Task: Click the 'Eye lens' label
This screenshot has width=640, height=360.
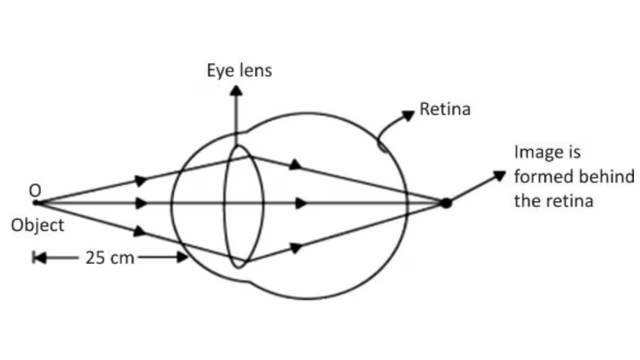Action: pyautogui.click(x=239, y=70)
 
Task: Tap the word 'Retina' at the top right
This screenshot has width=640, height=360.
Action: pyautogui.click(x=445, y=109)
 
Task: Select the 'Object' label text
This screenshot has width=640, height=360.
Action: pyautogui.click(x=37, y=225)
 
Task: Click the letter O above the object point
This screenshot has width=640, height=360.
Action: pyautogui.click(x=35, y=190)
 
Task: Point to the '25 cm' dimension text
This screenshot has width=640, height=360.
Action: pyautogui.click(x=110, y=258)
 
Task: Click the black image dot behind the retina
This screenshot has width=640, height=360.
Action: pyautogui.click(x=446, y=203)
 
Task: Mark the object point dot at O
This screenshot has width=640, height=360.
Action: pyautogui.click(x=35, y=203)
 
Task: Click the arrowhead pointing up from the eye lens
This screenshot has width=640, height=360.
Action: pyautogui.click(x=237, y=90)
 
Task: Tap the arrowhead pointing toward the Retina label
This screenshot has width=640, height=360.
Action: pyautogui.click(x=409, y=115)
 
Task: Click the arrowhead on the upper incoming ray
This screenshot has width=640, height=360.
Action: pyautogui.click(x=141, y=180)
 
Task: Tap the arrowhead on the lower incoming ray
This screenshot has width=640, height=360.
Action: pyautogui.click(x=140, y=231)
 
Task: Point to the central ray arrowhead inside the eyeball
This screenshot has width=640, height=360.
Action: pyautogui.click(x=301, y=203)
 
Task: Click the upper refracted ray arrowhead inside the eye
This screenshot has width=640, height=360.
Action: pyautogui.click(x=296, y=164)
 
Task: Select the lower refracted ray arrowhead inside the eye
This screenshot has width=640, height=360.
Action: pyautogui.click(x=296, y=247)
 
